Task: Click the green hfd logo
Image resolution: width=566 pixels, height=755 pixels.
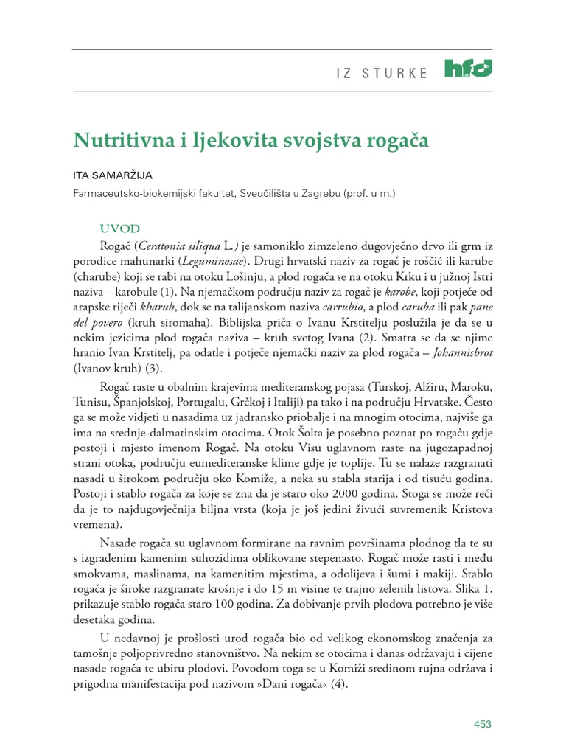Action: (469, 69)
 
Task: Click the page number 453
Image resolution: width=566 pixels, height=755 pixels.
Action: (481, 725)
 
